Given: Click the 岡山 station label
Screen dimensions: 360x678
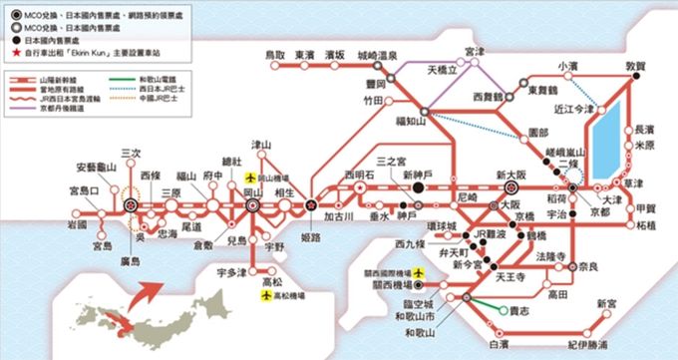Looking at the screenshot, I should point(253,189).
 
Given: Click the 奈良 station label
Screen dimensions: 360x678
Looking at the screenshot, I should point(587,269).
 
